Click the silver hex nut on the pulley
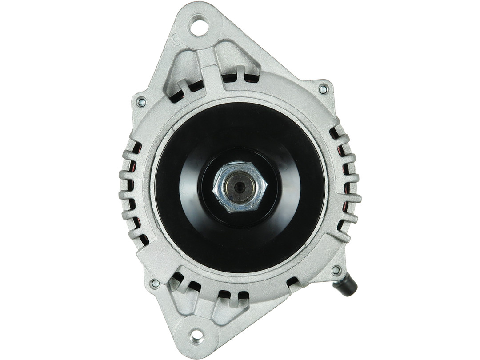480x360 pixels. (240, 186)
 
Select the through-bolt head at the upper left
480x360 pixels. (142, 102)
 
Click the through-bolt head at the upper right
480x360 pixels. (323, 89)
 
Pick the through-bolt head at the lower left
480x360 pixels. (155, 283)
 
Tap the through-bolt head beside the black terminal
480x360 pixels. (336, 270)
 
